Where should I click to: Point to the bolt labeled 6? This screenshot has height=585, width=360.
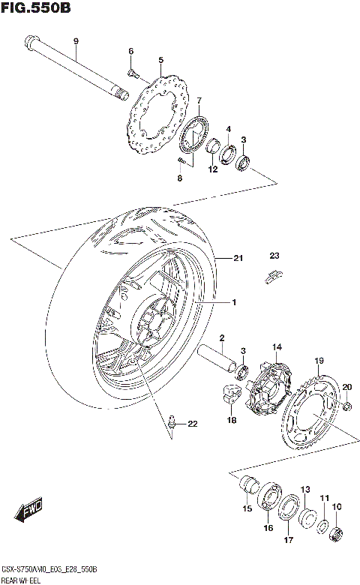(132, 73)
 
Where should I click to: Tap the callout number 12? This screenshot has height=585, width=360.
(212, 169)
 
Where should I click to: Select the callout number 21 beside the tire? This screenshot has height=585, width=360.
(238, 259)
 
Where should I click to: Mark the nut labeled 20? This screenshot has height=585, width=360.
(348, 405)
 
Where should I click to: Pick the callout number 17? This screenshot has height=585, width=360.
(287, 538)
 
